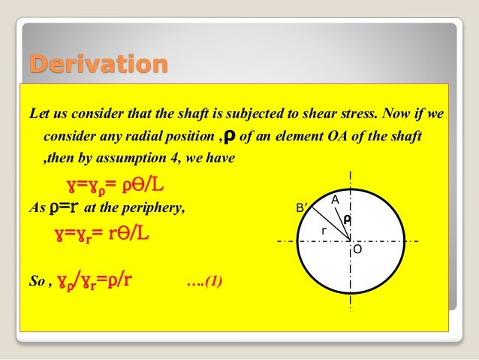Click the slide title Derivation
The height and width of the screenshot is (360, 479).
98,65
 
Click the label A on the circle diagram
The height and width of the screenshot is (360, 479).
336,199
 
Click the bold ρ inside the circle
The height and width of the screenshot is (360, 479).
347,219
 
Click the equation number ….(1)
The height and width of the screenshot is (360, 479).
203,283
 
